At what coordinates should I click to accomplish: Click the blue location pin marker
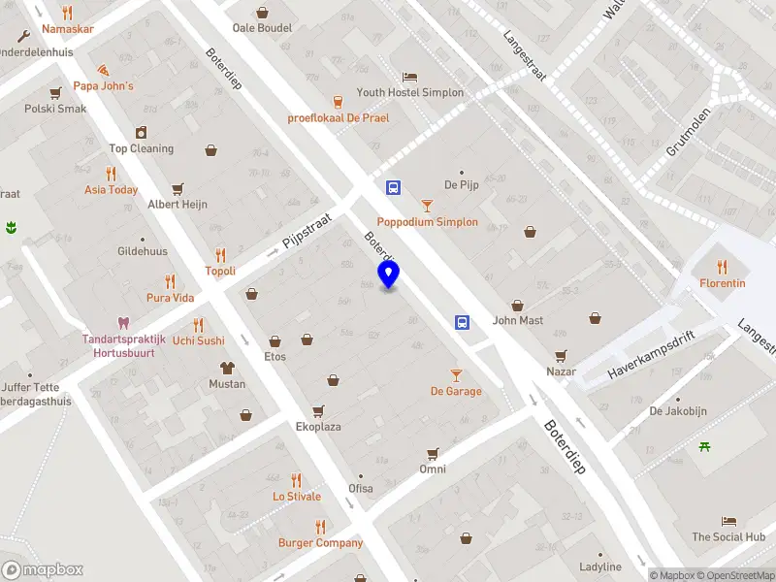[389, 275]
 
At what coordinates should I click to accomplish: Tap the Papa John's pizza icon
[104, 70]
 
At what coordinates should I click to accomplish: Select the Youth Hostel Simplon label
[409, 93]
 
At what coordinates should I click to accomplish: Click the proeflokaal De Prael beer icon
[338, 101]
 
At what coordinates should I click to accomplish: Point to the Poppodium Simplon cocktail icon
[427, 206]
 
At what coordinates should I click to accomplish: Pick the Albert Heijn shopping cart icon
[177, 188]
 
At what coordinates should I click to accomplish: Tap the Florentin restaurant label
[723, 283]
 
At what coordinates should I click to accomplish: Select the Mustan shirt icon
[227, 368]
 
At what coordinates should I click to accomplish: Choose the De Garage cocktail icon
[456, 375]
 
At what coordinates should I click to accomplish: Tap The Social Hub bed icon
[728, 521]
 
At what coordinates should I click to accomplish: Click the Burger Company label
[320, 543]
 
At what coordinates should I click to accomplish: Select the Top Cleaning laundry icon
[142, 133]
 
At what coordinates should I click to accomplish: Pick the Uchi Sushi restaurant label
[198, 340]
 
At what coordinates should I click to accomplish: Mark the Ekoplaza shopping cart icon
[318, 411]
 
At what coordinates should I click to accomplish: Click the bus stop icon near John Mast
[463, 323]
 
